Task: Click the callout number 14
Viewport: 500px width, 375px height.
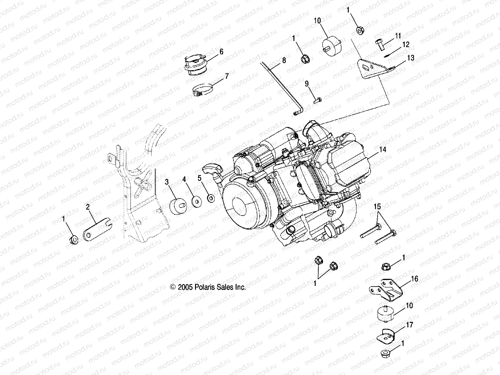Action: (x=383, y=150)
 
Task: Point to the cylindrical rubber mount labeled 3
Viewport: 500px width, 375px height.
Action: (x=178, y=207)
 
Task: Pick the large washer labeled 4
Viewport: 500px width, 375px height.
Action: (x=197, y=202)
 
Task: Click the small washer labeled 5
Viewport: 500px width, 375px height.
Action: (x=211, y=198)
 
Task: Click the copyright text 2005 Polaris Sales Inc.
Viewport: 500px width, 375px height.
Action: (x=208, y=287)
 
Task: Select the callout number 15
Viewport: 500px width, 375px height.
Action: (x=377, y=207)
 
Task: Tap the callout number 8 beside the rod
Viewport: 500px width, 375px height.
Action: (x=284, y=60)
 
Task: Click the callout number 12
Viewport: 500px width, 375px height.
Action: (x=406, y=45)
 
